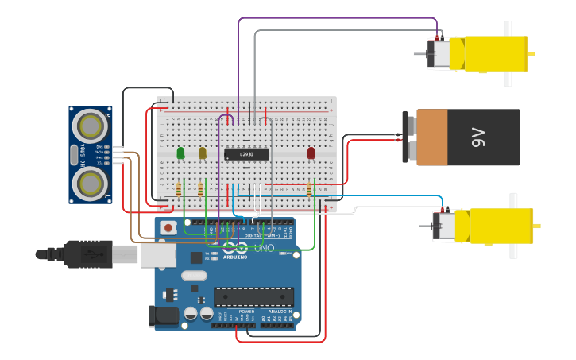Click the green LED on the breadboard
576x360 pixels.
point(181,153)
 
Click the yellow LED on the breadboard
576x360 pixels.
point(203,153)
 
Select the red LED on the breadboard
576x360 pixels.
point(311,153)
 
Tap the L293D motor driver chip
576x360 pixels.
point(246,154)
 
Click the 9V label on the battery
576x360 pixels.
point(478,137)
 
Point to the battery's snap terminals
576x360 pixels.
point(409,137)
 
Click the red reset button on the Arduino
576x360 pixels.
point(168,227)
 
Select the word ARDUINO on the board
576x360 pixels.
point(235,257)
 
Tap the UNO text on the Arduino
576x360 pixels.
point(264,249)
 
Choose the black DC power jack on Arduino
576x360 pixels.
point(164,315)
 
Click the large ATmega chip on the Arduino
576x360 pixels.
point(253,297)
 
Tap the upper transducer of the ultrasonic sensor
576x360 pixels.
point(91,126)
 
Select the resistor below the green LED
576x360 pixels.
point(178,189)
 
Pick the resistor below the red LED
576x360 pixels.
point(309,189)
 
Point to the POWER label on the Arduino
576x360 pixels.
point(225,312)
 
